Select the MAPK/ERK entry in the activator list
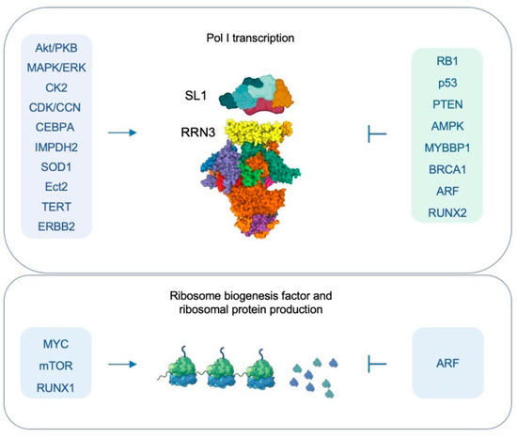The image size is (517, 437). (x=60, y=68)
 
